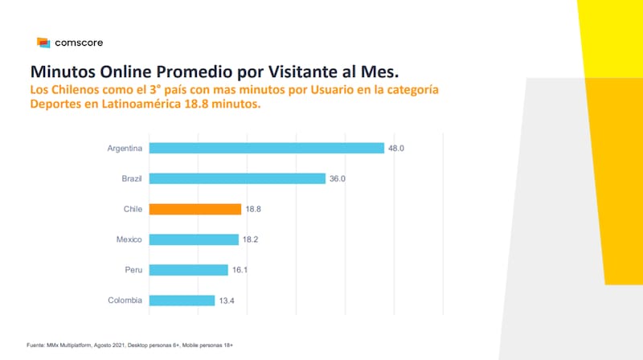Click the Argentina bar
click(x=267, y=148)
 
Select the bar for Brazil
click(x=237, y=178)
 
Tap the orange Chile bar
click(x=195, y=209)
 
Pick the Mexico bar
click(x=194, y=239)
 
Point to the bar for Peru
click(x=189, y=270)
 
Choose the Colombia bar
click(x=182, y=301)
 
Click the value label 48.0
click(x=395, y=148)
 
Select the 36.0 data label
click(x=337, y=178)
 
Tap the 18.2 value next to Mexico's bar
click(x=250, y=239)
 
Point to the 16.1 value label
click(x=240, y=270)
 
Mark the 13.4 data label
click(x=227, y=301)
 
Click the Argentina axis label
click(x=125, y=148)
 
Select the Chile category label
click(x=133, y=209)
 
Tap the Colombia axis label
click(x=125, y=301)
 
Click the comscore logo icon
click(x=43, y=43)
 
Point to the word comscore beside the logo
click(x=79, y=43)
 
